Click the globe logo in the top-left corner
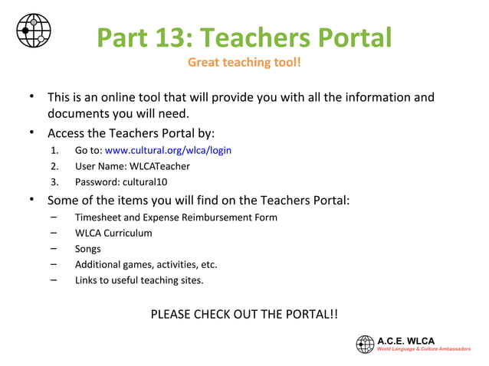34,31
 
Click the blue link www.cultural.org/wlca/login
168,150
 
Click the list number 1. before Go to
55,150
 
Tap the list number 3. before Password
55,182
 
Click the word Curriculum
124,233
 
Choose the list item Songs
87,249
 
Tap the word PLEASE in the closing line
170,315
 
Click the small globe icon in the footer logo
365,345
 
